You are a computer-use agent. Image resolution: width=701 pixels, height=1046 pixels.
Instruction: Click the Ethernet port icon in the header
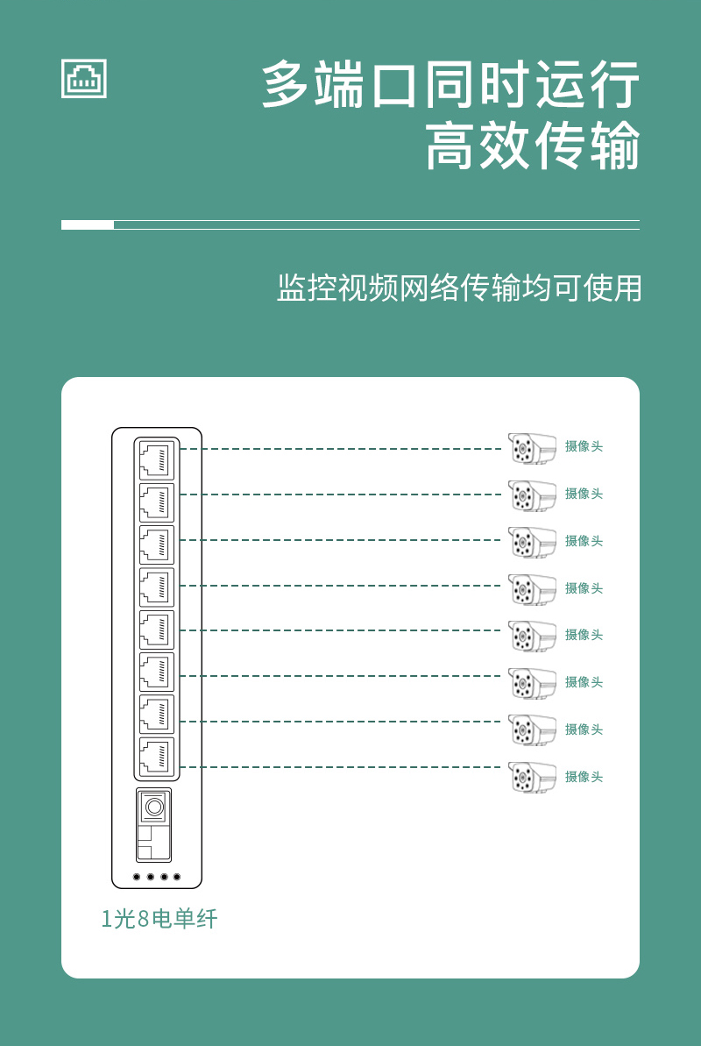pyautogui.click(x=84, y=79)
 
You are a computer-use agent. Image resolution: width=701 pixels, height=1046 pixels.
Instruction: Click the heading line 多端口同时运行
pyautogui.click(x=450, y=84)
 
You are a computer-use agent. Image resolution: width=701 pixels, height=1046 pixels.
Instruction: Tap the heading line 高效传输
pyautogui.click(x=533, y=145)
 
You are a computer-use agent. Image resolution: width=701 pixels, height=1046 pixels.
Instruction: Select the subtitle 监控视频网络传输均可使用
pyautogui.click(x=459, y=288)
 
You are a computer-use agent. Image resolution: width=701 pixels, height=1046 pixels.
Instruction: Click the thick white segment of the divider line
pyautogui.click(x=88, y=224)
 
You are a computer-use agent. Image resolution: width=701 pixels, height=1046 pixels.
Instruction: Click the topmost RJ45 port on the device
pyautogui.click(x=157, y=460)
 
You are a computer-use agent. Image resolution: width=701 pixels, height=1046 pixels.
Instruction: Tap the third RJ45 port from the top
pyautogui.click(x=157, y=545)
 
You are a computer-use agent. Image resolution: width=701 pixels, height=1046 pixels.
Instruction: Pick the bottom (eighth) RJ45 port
pyautogui.click(x=157, y=757)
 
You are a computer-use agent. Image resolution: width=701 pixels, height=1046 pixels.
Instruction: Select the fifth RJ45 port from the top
pyautogui.click(x=157, y=630)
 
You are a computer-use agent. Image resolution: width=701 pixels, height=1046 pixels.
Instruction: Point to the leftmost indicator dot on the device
pyautogui.click(x=137, y=877)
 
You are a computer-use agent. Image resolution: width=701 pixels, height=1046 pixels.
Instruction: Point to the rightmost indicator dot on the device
pyautogui.click(x=177, y=877)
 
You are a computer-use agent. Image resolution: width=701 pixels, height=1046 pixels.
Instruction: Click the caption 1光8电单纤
pyautogui.click(x=159, y=919)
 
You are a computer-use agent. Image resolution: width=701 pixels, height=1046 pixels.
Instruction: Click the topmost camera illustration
pyautogui.click(x=532, y=448)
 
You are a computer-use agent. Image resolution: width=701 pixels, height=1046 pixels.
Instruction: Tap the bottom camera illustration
pyautogui.click(x=532, y=777)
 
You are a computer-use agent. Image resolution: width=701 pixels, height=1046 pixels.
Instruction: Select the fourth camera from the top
pyautogui.click(x=532, y=589)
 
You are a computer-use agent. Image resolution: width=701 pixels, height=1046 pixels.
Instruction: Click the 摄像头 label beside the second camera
pyautogui.click(x=584, y=494)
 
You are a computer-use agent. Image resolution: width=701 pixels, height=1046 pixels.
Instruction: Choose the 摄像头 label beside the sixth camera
pyautogui.click(x=584, y=682)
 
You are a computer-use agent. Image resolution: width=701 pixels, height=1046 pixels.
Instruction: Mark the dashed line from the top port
pyautogui.click(x=341, y=449)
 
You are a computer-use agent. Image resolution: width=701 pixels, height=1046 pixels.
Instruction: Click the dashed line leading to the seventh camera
pyautogui.click(x=341, y=721)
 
